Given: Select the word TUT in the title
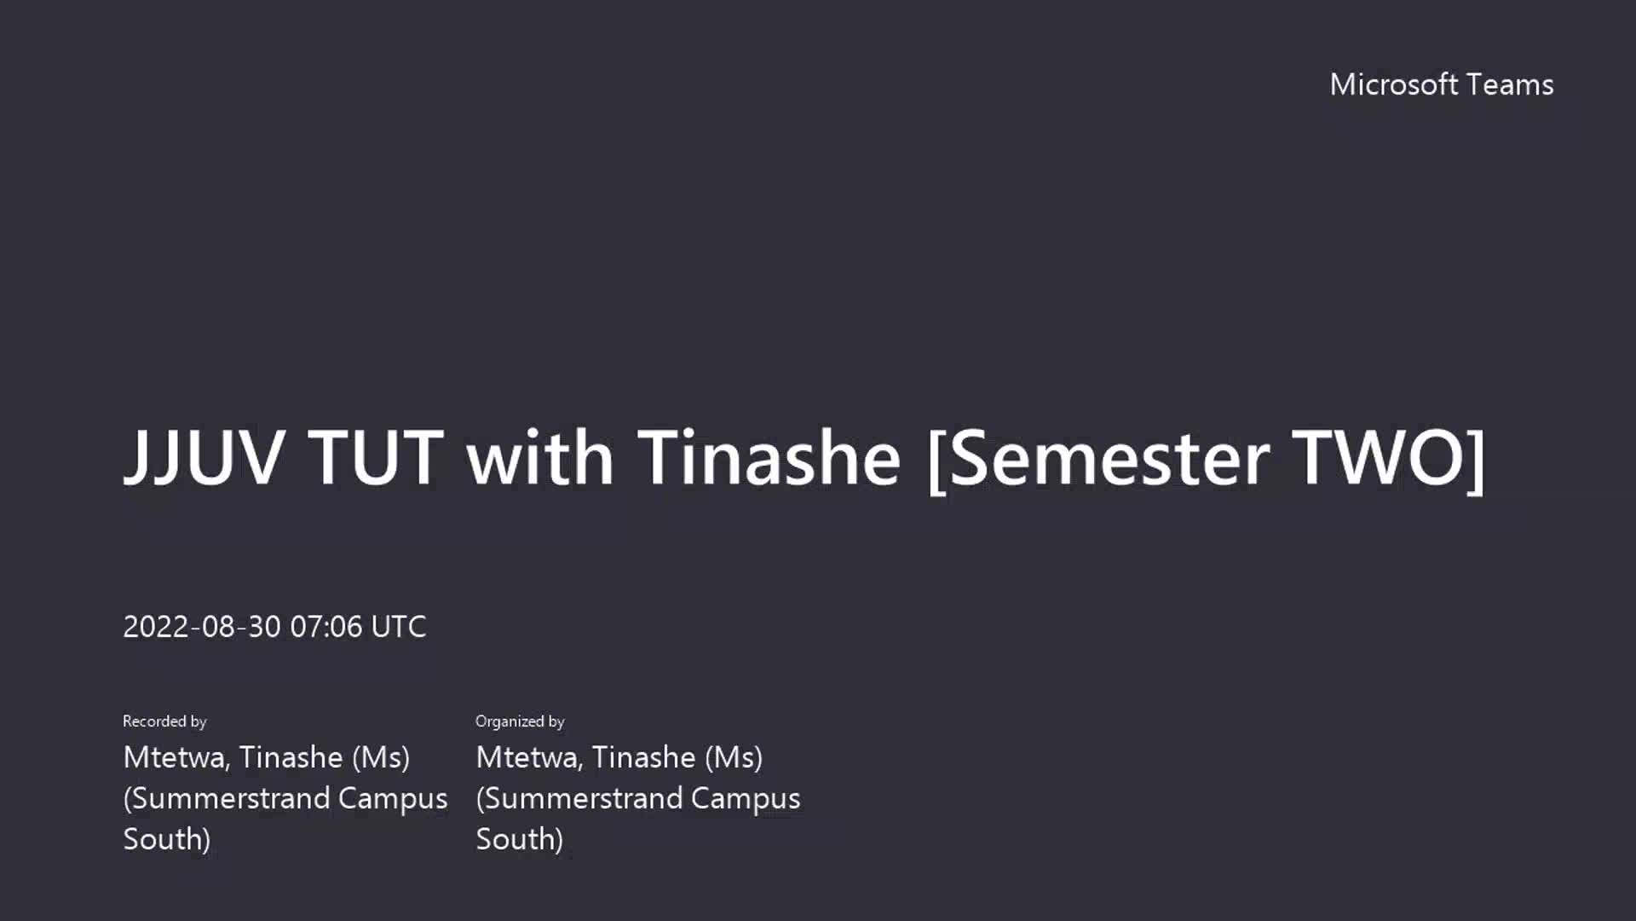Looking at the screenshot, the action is click(x=376, y=457).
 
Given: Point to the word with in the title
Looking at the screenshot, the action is click(x=539, y=457).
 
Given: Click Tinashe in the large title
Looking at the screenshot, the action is click(x=769, y=457).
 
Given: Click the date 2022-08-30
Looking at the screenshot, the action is click(x=202, y=627).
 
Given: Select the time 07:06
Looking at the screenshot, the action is click(x=326, y=627).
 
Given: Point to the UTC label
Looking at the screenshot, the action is click(x=399, y=627).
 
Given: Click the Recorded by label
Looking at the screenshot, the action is click(x=164, y=721).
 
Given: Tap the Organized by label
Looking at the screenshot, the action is click(x=520, y=721).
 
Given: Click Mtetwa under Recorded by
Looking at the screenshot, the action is click(x=176, y=757).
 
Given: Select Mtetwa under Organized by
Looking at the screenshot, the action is click(x=529, y=757).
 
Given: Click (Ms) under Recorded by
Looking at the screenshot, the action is click(x=381, y=758).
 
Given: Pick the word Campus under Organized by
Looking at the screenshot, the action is click(x=746, y=799).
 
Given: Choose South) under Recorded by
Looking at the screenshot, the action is click(x=167, y=839).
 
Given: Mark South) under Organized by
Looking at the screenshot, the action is click(x=520, y=839).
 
